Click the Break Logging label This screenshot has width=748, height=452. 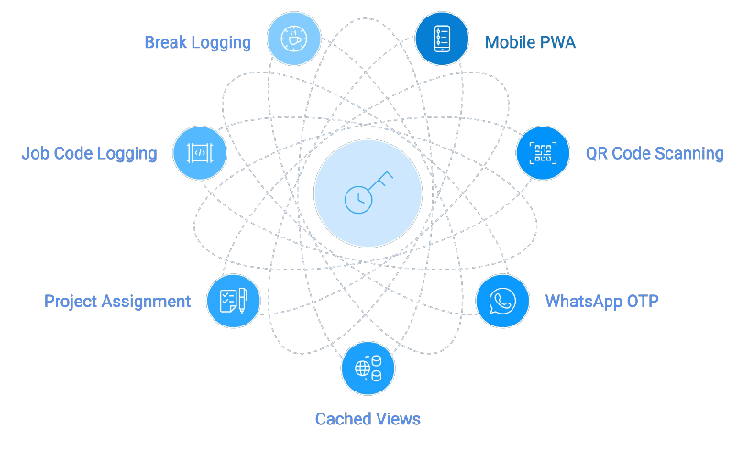tap(197, 42)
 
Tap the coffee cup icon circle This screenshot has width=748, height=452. tap(294, 39)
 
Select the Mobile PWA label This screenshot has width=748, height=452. tap(531, 42)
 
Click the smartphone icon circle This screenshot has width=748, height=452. tap(442, 39)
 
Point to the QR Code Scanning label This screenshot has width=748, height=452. tap(654, 153)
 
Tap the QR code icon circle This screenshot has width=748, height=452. tap(544, 153)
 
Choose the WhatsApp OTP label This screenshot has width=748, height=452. tap(602, 301)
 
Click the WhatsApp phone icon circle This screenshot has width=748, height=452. tap(502, 301)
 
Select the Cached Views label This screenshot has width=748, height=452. tap(368, 419)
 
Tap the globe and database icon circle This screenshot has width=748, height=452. tap(368, 368)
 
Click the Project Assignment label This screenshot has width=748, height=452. tap(117, 301)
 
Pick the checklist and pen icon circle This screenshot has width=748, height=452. tap(233, 301)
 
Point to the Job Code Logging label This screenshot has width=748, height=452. tap(89, 153)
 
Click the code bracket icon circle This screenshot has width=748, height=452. tap(199, 153)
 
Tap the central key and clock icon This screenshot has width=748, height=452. tap(368, 193)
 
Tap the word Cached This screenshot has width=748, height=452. tap(342, 419)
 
